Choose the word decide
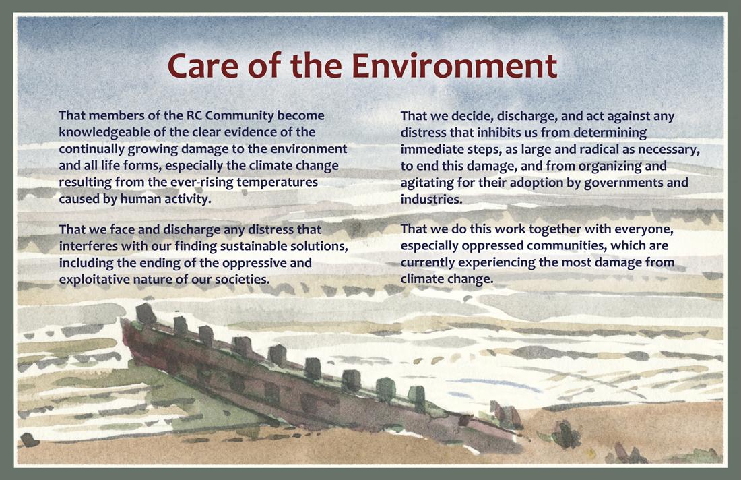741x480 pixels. (472, 116)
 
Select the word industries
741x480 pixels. (431, 199)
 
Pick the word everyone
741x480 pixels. (643, 229)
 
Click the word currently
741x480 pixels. (428, 262)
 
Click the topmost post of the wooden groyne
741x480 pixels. (146, 313)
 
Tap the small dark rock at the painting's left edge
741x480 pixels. (29, 440)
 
